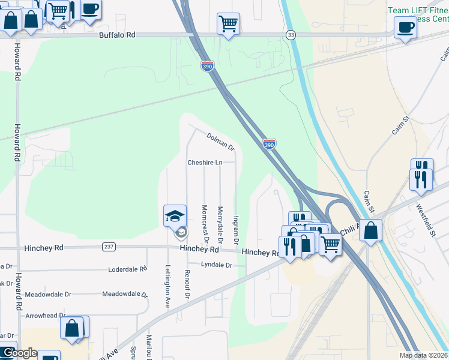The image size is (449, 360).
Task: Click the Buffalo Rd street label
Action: point(117,35)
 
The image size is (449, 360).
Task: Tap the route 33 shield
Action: point(291,35)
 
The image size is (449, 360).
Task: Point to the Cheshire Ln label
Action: point(205,163)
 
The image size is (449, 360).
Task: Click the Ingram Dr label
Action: point(236,230)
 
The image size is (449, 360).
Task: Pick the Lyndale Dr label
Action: point(216,265)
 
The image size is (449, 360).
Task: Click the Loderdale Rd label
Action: point(127,269)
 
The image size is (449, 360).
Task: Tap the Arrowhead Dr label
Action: point(46,316)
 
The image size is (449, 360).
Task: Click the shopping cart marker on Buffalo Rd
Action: point(228,24)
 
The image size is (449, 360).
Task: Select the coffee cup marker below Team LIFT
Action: point(405,27)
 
